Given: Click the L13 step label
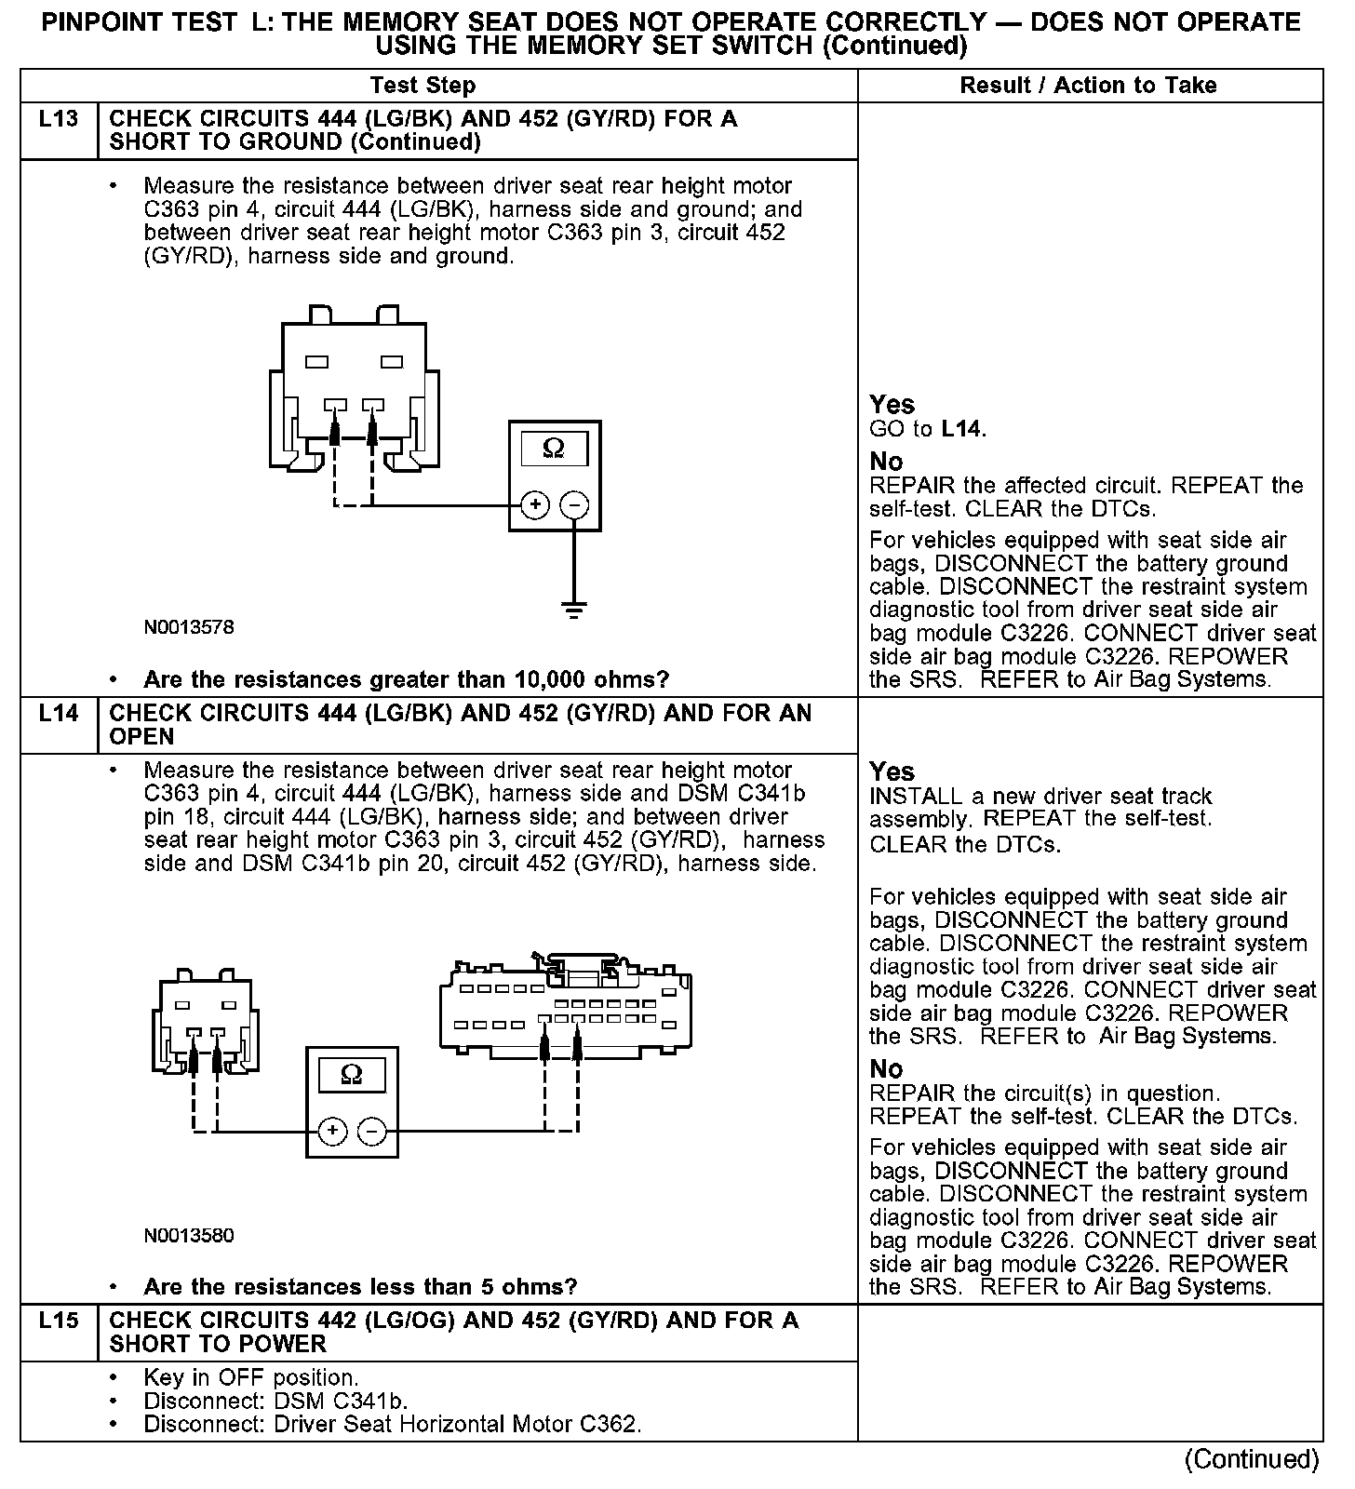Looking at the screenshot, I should pyautogui.click(x=58, y=120).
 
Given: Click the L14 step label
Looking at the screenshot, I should pyautogui.click(x=58, y=715).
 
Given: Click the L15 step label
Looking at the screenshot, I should pyautogui.click(x=58, y=1321).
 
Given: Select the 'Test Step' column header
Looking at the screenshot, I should pyautogui.click(x=423, y=86).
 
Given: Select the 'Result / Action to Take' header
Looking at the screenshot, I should pyautogui.click(x=1088, y=86).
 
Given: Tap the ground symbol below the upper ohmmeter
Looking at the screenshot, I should pyautogui.click(x=574, y=610).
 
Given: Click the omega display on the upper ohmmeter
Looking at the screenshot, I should pyautogui.click(x=554, y=449).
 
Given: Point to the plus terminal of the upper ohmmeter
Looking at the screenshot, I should pyautogui.click(x=534, y=505).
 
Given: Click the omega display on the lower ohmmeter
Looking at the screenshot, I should pyautogui.click(x=352, y=1076).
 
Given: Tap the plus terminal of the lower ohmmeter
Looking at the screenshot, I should pyautogui.click(x=332, y=1132).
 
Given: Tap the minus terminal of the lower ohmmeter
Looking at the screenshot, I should pyautogui.click(x=372, y=1132).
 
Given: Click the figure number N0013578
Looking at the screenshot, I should pyautogui.click(x=189, y=627).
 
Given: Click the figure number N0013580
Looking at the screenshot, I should pyautogui.click(x=189, y=1236).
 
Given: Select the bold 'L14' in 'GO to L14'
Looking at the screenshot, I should pyautogui.click(x=961, y=429).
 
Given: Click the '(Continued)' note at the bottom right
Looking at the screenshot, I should pyautogui.click(x=1252, y=1459).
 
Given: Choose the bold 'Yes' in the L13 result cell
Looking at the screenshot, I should pyautogui.click(x=892, y=405).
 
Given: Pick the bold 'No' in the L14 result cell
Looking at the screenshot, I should pyautogui.click(x=886, y=1068).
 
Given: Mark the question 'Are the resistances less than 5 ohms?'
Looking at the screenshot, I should pyautogui.click(x=360, y=1287).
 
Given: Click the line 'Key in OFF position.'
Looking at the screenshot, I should pyautogui.click(x=250, y=1377).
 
